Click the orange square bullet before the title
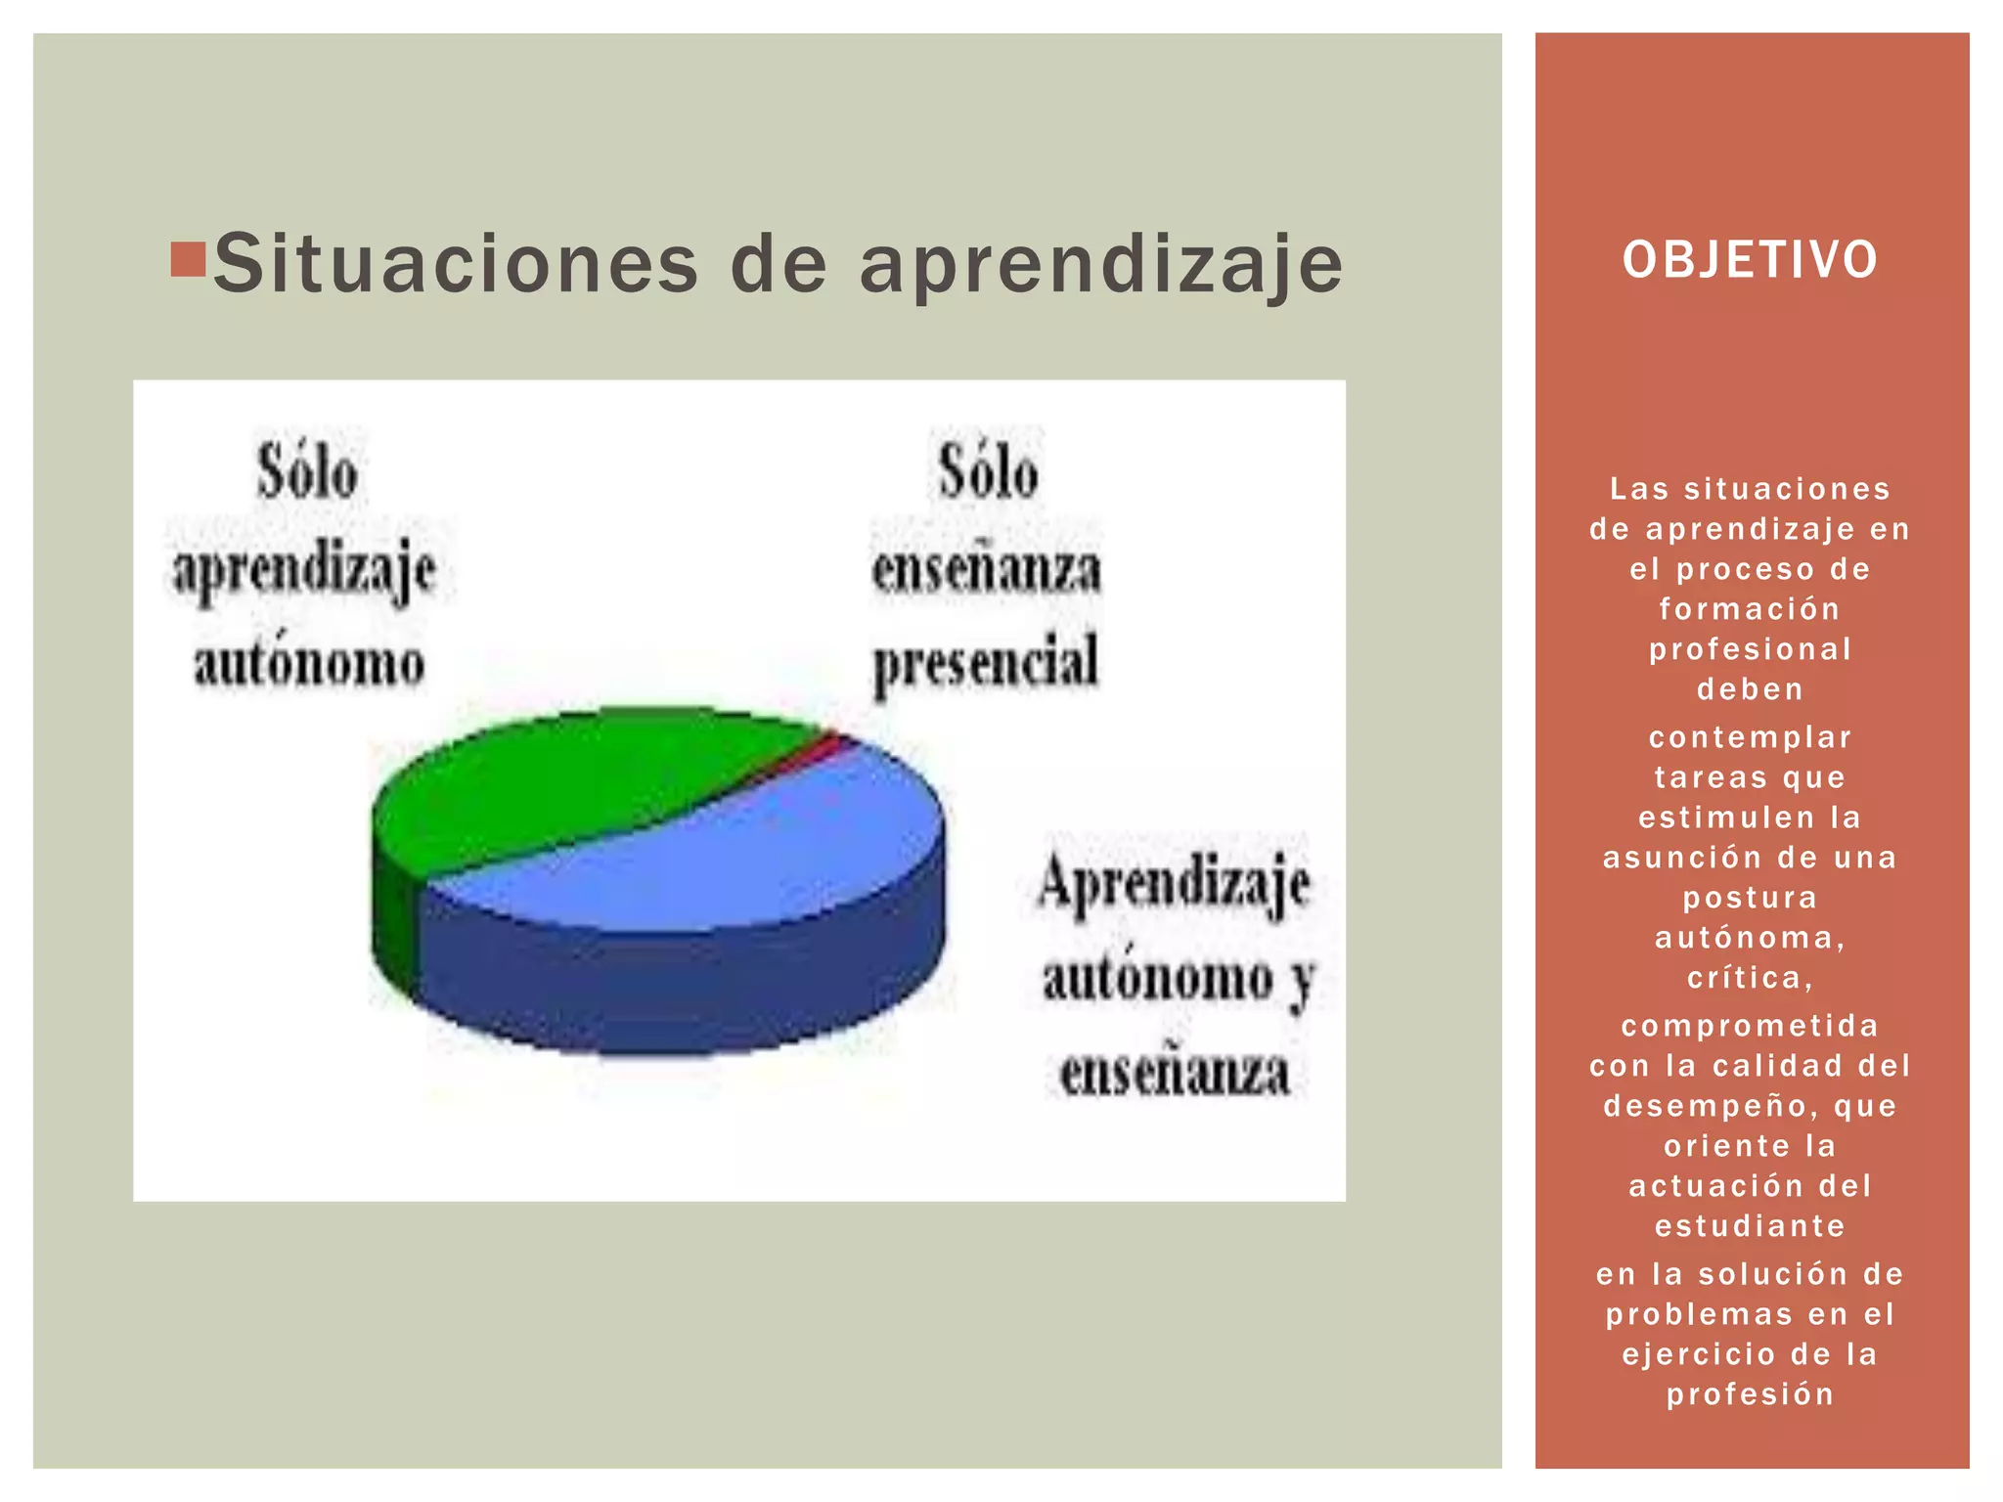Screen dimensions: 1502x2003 [x=187, y=259]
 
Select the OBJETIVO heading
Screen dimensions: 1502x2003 [x=1750, y=260]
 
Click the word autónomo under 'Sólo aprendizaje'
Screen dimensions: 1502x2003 [x=309, y=663]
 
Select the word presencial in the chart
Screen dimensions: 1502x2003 [x=986, y=663]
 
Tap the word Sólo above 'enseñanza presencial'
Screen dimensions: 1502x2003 [x=988, y=473]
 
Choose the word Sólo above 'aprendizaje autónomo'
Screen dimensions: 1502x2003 [x=307, y=473]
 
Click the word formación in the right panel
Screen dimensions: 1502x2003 [x=1750, y=609]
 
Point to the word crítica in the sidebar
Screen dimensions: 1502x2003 [x=1750, y=978]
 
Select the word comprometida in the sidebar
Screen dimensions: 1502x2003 [x=1750, y=1026]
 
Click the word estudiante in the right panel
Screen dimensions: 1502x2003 [x=1750, y=1226]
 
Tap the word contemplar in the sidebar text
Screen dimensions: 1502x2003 [x=1750, y=737]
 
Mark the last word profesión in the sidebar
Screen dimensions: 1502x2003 [x=1750, y=1394]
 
